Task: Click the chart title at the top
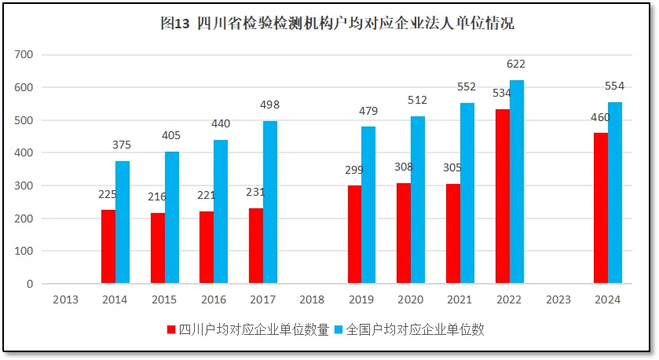coord(337,24)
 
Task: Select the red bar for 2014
coord(108,246)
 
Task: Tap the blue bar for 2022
coord(516,182)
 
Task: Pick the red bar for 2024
coord(601,208)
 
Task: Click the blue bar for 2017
coord(270,202)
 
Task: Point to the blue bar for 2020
coord(418,200)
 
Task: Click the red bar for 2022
coord(502,196)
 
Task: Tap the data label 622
coord(516,64)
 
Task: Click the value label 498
coord(270,105)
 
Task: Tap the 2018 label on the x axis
coord(313,299)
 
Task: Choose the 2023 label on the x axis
coord(558,299)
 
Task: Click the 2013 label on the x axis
coord(66,299)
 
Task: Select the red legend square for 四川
coord(171,330)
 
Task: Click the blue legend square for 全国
coord(339,330)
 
